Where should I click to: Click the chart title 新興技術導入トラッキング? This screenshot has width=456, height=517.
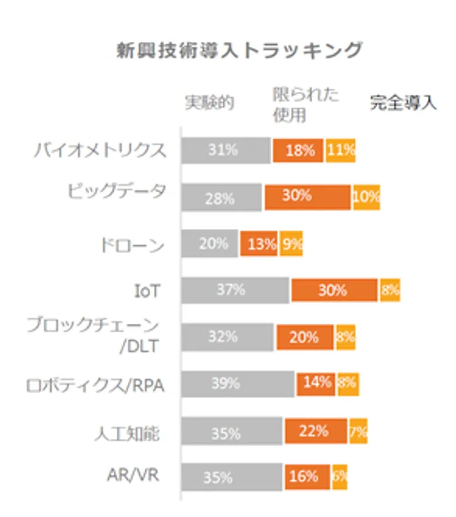point(239,51)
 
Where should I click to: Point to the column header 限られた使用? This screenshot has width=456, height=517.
point(306,105)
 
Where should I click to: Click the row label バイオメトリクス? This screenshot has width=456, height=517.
point(100,150)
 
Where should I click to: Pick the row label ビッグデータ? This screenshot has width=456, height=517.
point(116,191)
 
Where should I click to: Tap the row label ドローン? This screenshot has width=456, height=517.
point(132,246)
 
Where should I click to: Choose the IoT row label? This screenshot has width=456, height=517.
point(148,291)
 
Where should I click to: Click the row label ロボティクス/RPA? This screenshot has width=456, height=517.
point(96,386)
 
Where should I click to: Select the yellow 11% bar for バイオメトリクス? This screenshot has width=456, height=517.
point(341,150)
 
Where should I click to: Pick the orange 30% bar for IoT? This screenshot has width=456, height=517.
point(334,290)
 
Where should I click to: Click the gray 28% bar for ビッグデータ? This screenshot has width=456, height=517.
point(221,198)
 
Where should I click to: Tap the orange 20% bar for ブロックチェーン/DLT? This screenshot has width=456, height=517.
point(305,337)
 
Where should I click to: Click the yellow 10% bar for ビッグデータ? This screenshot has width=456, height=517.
point(367,198)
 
